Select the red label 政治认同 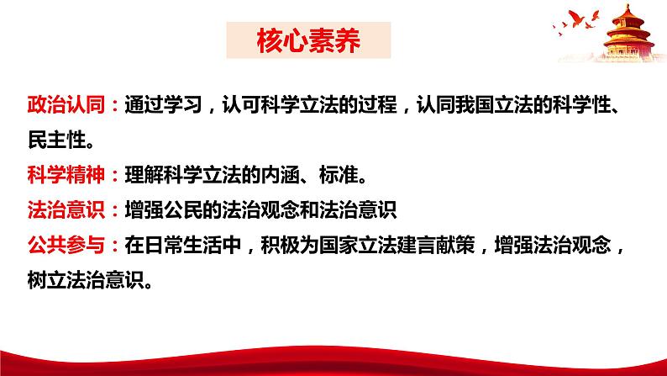coord(56,107)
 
